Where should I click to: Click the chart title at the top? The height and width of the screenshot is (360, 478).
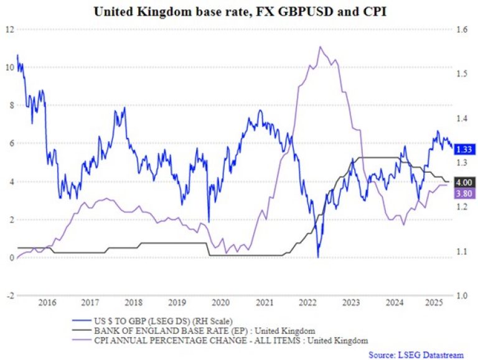pos(239,11)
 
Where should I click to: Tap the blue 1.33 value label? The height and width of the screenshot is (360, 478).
pos(465,149)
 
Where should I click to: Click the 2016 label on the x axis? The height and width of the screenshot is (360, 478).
pos(47,303)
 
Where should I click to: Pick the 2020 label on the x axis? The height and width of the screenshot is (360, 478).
pos(220,303)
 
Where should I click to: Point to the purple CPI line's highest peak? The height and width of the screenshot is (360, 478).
pos(320,47)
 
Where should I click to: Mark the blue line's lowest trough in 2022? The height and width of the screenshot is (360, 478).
pos(318,257)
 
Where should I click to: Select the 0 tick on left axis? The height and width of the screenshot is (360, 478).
pos(10,257)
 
